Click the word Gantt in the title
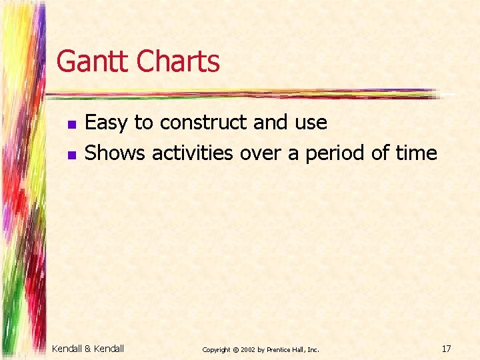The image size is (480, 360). (93, 62)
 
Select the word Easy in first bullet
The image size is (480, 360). (107, 123)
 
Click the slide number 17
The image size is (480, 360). (447, 348)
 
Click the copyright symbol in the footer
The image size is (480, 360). (235, 349)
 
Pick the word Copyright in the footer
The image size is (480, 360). (215, 349)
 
